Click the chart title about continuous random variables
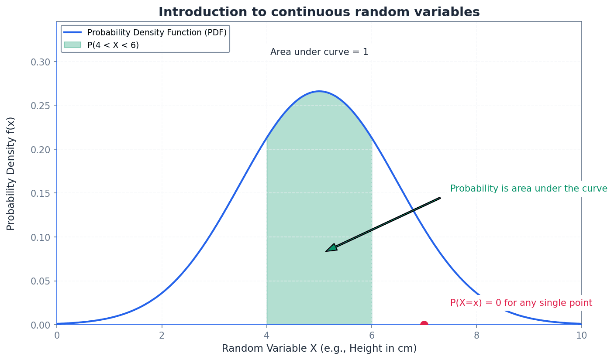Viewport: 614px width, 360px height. click(x=319, y=12)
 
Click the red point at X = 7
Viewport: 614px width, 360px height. click(x=424, y=325)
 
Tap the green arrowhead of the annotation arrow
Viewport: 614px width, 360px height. click(x=331, y=248)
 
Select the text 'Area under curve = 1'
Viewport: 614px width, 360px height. click(x=319, y=52)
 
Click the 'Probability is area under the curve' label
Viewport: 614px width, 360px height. click(x=528, y=189)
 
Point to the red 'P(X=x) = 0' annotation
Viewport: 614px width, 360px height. click(x=521, y=303)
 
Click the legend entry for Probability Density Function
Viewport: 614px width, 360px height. click(x=157, y=33)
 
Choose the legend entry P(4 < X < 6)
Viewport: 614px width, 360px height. click(x=113, y=45)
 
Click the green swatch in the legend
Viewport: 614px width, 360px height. click(x=72, y=45)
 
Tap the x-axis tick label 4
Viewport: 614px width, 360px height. click(x=267, y=336)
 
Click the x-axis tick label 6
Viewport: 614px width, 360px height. click(x=372, y=336)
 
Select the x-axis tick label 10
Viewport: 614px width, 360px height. click(x=581, y=336)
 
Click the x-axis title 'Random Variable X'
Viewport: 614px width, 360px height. click(x=319, y=349)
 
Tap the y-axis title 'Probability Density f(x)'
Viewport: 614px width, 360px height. click(x=11, y=173)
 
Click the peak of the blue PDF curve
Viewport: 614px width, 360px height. click(x=319, y=91)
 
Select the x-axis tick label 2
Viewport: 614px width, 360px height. click(x=162, y=336)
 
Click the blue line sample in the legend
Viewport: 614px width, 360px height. click(x=72, y=33)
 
